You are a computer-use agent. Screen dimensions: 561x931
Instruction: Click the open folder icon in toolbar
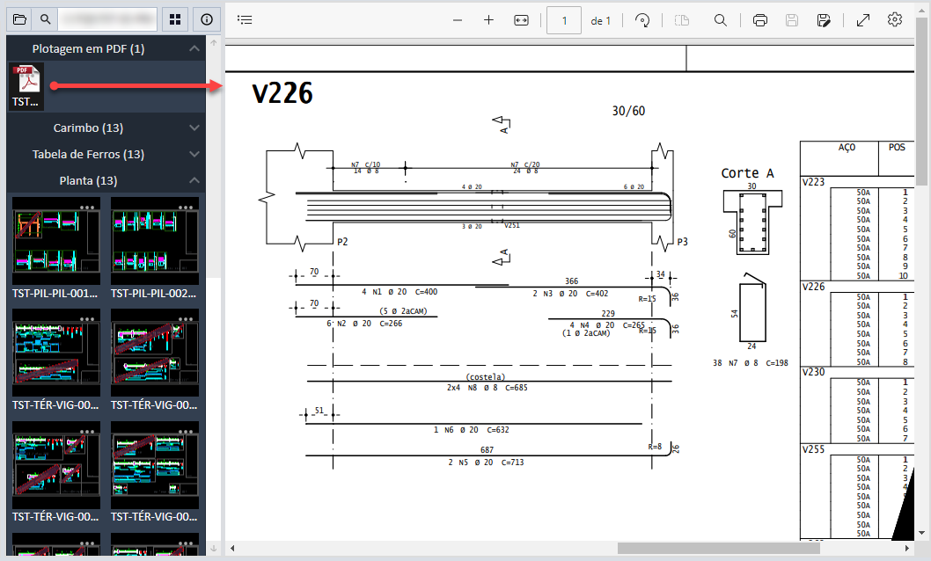[x=19, y=18]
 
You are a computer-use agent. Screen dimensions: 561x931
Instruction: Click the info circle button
[x=207, y=18]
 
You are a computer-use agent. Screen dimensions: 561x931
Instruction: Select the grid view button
[x=176, y=18]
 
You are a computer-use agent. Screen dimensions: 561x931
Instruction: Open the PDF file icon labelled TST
[x=26, y=86]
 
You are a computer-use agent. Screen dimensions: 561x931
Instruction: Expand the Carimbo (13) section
[x=106, y=128]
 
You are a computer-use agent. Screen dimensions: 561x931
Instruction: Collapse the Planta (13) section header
[x=106, y=181]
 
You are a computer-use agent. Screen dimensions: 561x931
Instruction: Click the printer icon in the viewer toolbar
[x=760, y=20]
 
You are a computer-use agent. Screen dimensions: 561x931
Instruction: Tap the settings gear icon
[x=895, y=20]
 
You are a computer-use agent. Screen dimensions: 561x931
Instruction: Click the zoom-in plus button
[x=488, y=20]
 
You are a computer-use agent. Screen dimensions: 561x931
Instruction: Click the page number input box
[x=563, y=20]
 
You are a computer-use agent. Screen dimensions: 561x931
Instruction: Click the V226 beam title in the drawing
[x=282, y=93]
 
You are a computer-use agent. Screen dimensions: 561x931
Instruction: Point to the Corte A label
[x=747, y=173]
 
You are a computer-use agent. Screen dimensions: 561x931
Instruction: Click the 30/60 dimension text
[x=628, y=111]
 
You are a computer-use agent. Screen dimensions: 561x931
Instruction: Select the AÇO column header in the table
[x=847, y=148]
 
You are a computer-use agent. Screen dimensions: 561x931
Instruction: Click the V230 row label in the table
[x=813, y=372]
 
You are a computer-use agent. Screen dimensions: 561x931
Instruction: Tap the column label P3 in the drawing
[x=682, y=242]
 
